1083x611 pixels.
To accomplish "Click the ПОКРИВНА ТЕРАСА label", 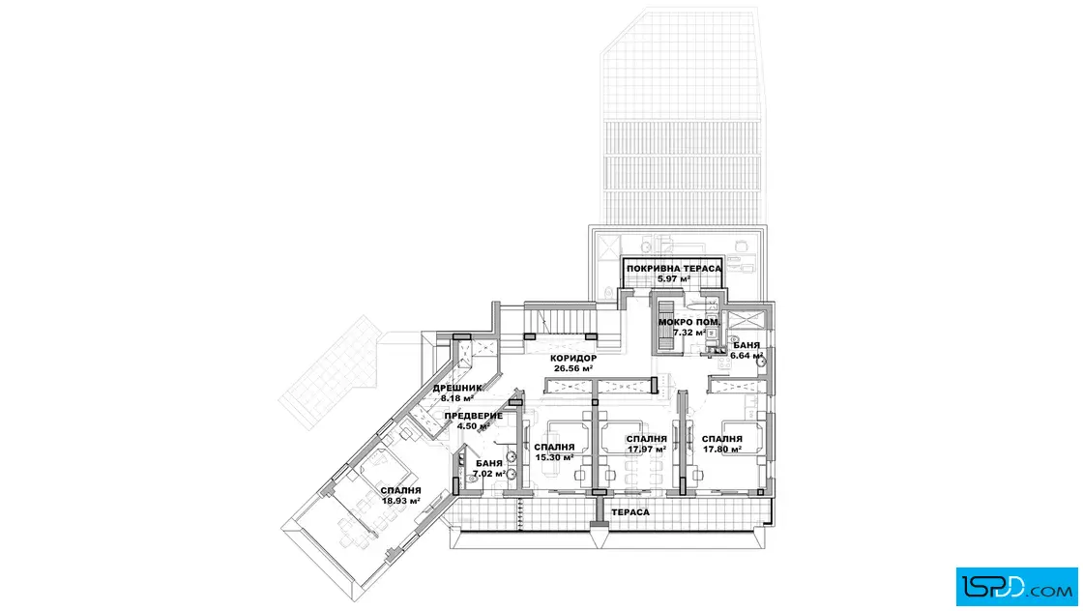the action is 673,269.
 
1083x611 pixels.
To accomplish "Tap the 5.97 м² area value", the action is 673,279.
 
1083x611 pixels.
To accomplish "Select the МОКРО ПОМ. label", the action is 688,322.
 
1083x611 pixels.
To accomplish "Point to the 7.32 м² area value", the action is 688,333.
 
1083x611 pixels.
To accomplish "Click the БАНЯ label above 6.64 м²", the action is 746,345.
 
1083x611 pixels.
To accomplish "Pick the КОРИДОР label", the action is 573,359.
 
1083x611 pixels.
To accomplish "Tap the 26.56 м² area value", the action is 573,368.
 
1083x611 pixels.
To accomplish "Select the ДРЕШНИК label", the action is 457,388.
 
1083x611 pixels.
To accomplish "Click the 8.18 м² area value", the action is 457,398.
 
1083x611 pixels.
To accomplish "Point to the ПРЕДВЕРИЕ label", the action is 473,417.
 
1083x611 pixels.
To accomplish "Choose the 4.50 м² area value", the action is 473,426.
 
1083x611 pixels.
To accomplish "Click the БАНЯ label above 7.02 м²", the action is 489,464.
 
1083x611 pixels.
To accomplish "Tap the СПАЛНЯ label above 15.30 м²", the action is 554,448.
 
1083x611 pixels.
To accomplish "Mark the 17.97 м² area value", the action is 647,450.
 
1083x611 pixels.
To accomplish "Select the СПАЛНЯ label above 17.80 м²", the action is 721,439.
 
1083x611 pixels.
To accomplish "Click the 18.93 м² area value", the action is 401,501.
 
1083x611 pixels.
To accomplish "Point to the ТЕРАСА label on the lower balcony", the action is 630,512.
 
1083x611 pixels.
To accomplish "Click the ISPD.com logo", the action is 1016,587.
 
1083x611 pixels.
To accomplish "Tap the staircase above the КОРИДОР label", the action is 560,320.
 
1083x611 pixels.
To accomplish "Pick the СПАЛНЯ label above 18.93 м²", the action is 400,491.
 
